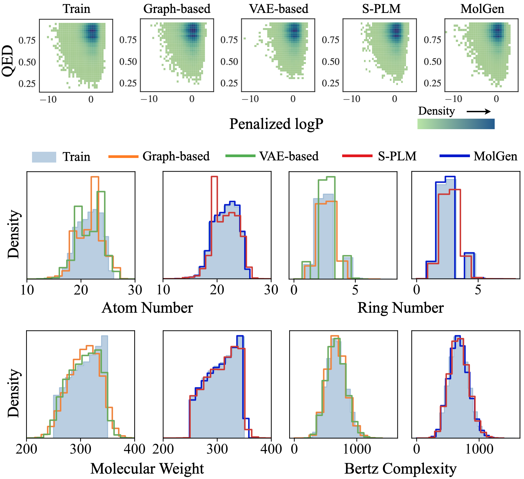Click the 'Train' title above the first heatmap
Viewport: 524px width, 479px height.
pos(76,9)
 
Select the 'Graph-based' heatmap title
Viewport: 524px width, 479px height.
pos(177,9)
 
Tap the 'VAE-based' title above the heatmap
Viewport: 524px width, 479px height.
pos(279,9)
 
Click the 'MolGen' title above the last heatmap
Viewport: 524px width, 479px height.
pos(482,9)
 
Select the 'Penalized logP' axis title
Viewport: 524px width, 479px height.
pos(276,124)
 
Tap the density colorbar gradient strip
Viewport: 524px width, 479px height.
pos(456,124)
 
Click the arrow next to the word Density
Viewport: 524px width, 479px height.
pos(479,111)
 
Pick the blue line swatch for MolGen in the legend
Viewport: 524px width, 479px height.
pos(454,156)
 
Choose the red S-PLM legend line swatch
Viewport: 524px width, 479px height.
pos(357,156)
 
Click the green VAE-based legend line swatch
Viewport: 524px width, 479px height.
pos(240,156)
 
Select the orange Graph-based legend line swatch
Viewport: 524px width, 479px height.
pos(123,156)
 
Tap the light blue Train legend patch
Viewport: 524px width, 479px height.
pos(44,157)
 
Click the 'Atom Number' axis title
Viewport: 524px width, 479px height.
pos(147,308)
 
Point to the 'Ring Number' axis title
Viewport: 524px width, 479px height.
pos(400,308)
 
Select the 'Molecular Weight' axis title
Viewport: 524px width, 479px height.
pos(147,469)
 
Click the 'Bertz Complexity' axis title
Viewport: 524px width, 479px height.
pos(400,469)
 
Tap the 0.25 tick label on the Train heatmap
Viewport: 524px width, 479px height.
pos(27,84)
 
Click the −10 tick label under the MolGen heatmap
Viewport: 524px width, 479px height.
pos(454,99)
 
